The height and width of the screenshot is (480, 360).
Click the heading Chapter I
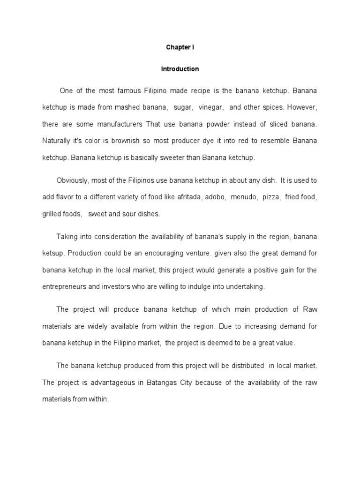coord(180,48)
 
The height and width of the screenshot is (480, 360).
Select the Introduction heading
coord(180,69)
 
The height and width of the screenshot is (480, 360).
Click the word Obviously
coord(72,180)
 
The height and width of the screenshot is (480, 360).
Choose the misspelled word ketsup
coord(53,254)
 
